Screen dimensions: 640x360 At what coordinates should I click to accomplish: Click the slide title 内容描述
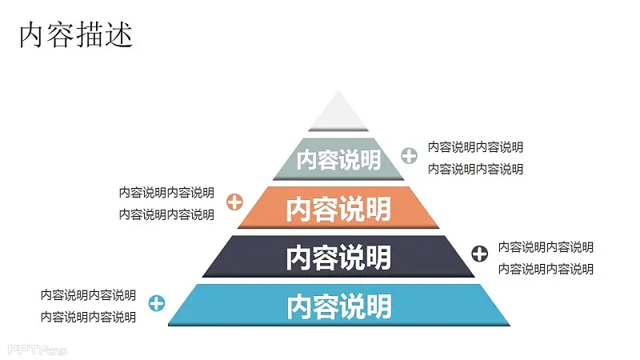coord(76,34)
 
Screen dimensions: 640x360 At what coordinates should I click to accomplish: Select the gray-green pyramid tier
coord(338,159)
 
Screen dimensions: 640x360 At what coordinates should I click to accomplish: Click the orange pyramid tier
coord(338,208)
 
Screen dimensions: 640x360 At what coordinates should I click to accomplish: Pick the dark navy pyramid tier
coord(338,257)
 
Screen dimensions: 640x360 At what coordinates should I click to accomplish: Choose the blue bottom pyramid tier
coord(338,306)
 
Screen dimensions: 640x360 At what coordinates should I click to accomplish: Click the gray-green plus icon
coord(409,155)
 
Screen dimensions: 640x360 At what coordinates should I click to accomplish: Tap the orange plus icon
coord(234,202)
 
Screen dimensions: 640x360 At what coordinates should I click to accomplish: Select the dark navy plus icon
coord(479,254)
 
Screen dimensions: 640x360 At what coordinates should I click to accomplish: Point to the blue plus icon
coord(157,303)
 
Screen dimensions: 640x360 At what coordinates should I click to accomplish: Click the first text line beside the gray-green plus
coord(475,147)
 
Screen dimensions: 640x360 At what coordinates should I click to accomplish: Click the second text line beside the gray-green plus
coord(475,169)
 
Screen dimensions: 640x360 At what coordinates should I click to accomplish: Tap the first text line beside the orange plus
coord(166,192)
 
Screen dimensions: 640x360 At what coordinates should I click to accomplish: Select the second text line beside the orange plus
coord(166,214)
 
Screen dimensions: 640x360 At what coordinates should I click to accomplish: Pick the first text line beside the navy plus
coord(546,247)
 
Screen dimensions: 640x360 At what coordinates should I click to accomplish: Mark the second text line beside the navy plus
coord(546,269)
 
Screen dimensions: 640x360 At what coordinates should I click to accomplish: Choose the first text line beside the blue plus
coord(88,295)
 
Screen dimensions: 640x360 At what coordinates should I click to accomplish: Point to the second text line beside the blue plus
coord(88,317)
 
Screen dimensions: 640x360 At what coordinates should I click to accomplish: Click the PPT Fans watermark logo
coord(37,350)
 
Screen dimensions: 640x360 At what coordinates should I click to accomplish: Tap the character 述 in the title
coord(119,34)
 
